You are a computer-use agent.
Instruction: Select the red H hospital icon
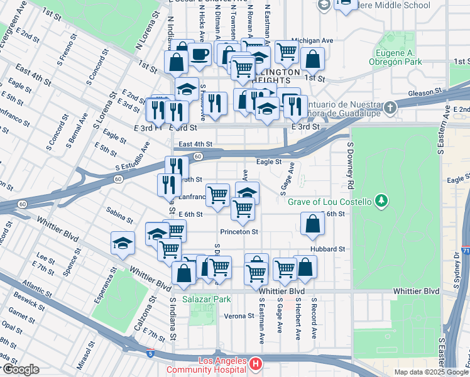(255, 363)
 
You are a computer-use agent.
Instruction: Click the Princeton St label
(239, 232)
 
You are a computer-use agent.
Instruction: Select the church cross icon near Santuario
(390, 107)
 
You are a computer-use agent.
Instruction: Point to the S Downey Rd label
(349, 166)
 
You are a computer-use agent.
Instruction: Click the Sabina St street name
(119, 216)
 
